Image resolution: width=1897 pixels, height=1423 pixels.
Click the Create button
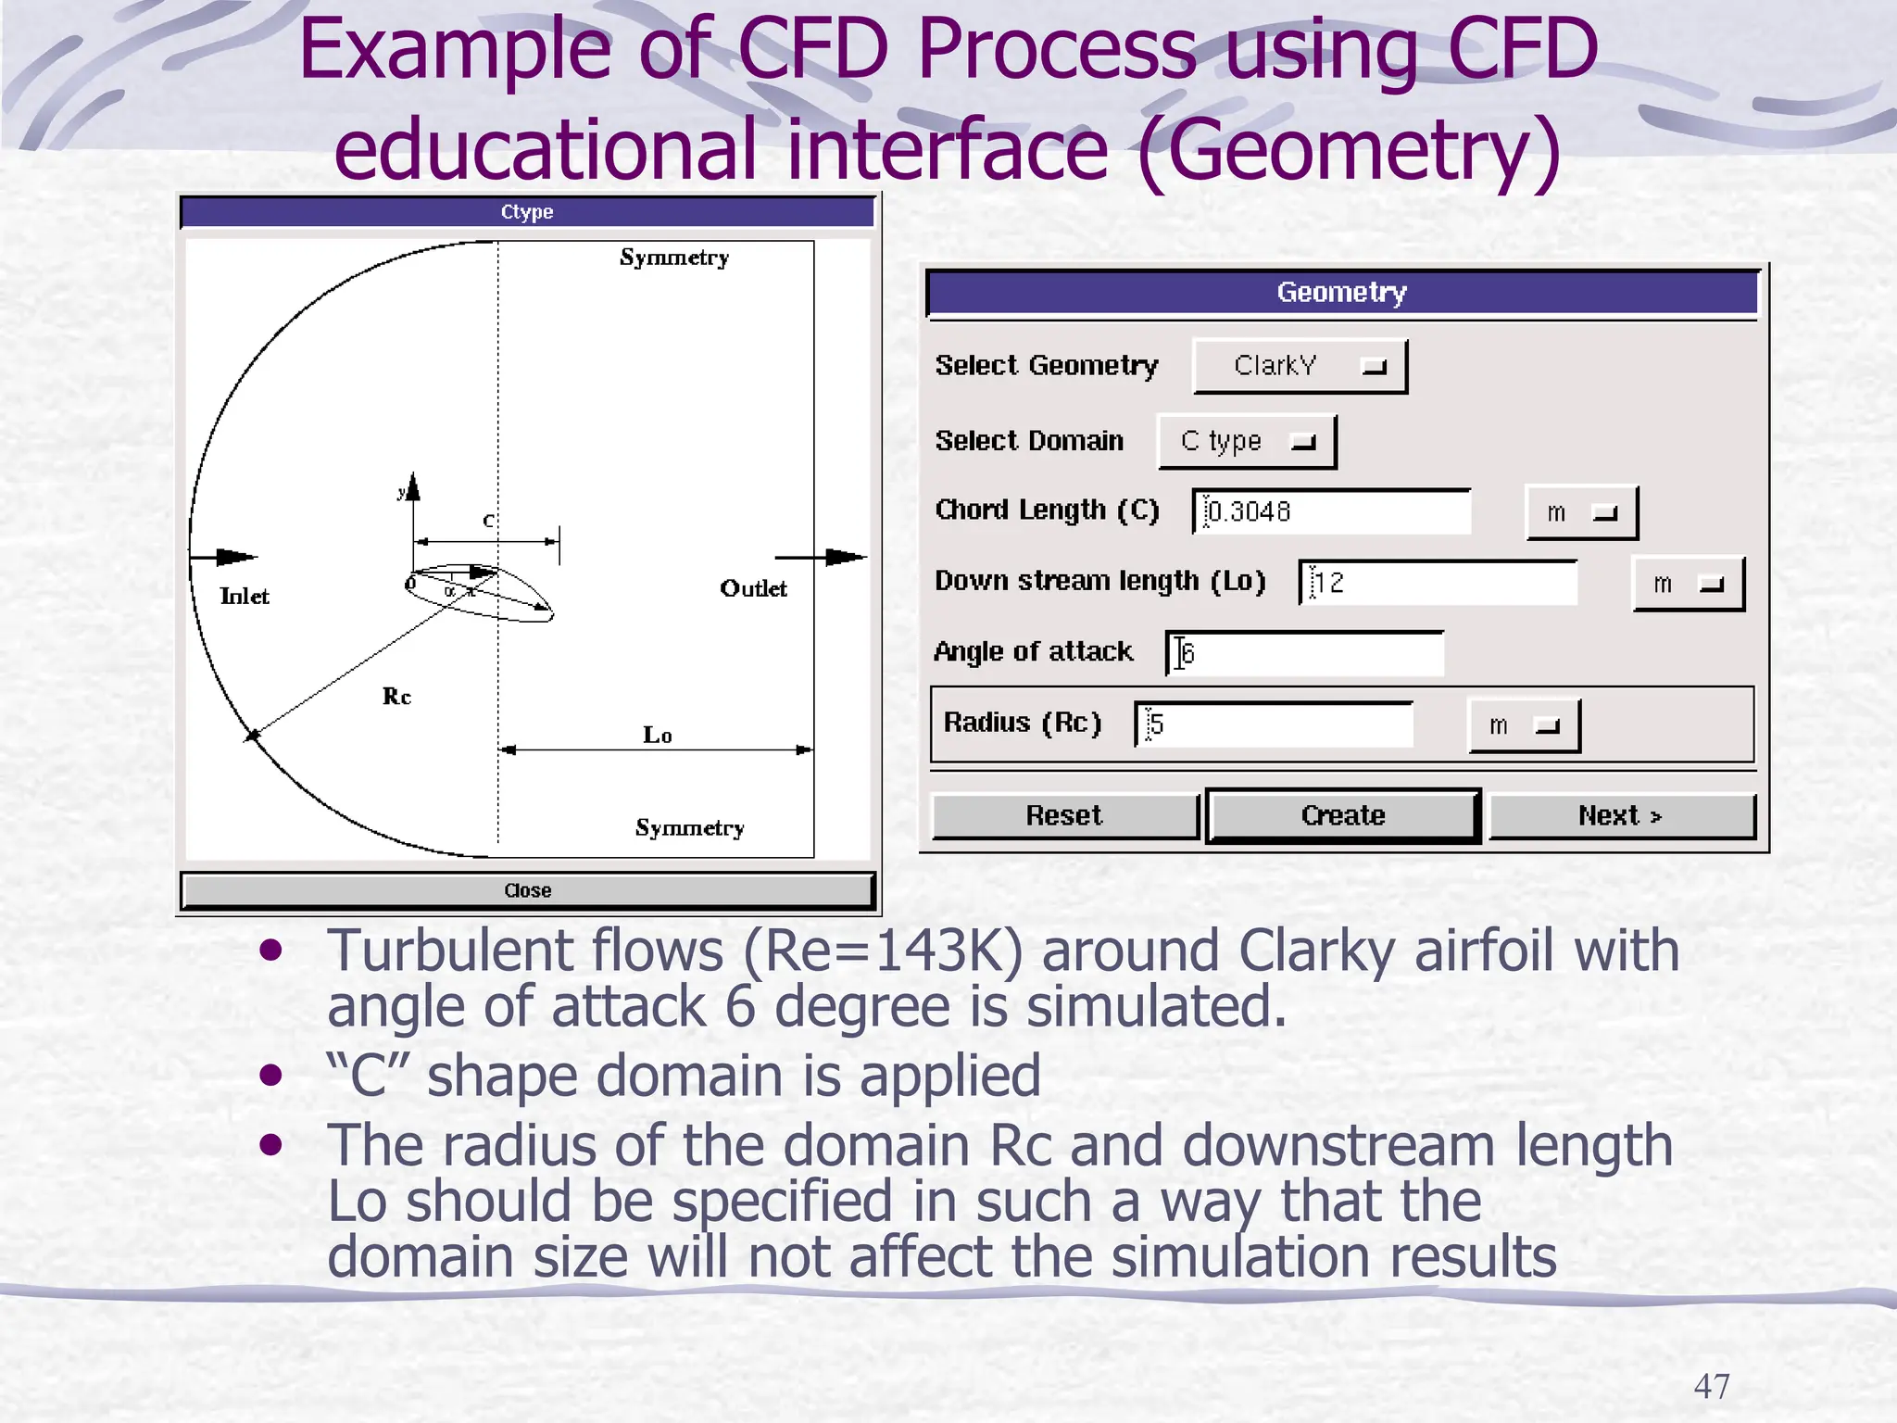(x=1342, y=815)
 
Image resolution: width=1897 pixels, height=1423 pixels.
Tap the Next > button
(x=1620, y=815)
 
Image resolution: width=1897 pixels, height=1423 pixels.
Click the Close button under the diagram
(x=527, y=890)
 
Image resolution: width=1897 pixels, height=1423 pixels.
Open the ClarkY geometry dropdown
(x=1300, y=366)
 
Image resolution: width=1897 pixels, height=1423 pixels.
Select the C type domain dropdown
(x=1247, y=441)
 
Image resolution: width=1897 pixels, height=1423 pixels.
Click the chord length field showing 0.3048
(x=1332, y=511)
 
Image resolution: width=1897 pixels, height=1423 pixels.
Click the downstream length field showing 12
(x=1438, y=583)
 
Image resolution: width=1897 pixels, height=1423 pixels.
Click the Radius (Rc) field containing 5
(x=1275, y=724)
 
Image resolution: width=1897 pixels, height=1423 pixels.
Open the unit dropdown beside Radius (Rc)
(x=1524, y=725)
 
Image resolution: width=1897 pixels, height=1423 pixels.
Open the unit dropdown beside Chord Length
(x=1581, y=512)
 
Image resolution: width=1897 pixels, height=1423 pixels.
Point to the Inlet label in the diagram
(x=245, y=597)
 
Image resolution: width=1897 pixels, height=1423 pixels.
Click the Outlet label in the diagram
(x=753, y=589)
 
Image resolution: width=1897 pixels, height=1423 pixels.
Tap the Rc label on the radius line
(x=396, y=697)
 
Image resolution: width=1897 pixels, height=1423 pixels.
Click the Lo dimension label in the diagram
(x=658, y=736)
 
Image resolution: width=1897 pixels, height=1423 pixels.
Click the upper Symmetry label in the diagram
(x=674, y=258)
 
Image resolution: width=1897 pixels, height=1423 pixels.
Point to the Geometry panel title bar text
(x=1341, y=293)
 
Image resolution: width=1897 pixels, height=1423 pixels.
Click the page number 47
(x=1711, y=1386)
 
